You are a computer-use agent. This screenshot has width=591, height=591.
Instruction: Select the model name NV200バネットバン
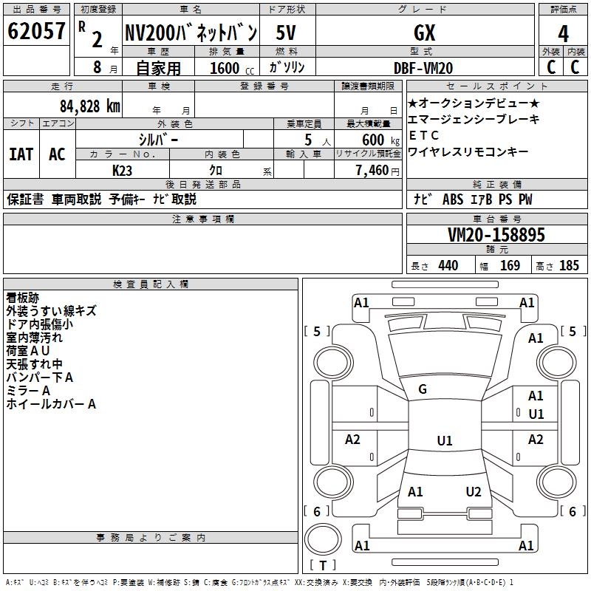tap(191, 33)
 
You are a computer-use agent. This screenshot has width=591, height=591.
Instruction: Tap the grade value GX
tap(425, 33)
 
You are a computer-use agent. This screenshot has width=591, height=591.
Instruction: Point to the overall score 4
tap(564, 33)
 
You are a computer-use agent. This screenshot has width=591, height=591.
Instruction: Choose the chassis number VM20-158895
tap(496, 235)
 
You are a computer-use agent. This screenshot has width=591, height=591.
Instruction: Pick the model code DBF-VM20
tap(423, 68)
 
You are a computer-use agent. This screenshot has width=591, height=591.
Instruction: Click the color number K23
tap(123, 169)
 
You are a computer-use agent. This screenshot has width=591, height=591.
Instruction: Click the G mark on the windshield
tap(423, 389)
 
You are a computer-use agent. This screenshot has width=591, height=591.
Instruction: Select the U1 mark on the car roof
tap(445, 441)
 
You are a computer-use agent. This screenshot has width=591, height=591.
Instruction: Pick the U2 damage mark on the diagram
tap(474, 492)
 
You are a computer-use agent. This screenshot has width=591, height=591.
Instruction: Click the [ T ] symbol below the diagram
tap(323, 565)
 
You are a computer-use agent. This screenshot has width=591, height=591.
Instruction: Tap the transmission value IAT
tap(21, 154)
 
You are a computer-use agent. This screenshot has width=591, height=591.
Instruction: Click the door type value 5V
tap(287, 33)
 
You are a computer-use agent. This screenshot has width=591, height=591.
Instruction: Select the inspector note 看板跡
tap(23, 298)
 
